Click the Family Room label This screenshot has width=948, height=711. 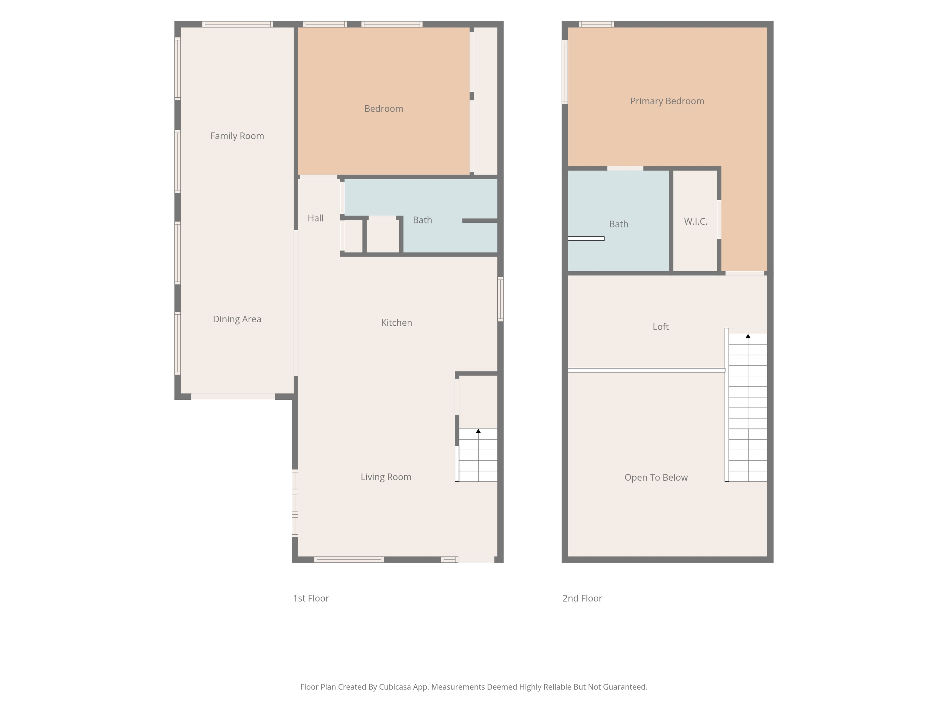click(237, 136)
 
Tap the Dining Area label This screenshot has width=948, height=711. click(237, 319)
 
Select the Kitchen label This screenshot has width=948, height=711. click(397, 323)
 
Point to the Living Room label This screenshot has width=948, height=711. click(386, 477)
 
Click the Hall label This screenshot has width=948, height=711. click(315, 218)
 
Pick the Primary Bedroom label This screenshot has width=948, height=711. click(667, 101)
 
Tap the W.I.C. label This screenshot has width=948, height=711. click(696, 222)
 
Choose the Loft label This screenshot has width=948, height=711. click(660, 326)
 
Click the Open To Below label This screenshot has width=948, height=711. click(656, 477)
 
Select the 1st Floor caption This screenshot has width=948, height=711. click(311, 598)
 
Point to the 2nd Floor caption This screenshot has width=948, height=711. click(582, 598)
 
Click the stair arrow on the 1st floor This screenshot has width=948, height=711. click(478, 455)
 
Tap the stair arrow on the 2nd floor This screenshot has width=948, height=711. click(748, 408)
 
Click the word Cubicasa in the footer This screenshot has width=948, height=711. click(395, 687)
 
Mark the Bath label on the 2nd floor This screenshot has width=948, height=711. click(618, 224)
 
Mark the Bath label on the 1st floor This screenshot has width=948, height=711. click(422, 220)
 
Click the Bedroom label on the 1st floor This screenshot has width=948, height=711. click(384, 109)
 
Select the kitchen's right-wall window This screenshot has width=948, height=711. click(500, 299)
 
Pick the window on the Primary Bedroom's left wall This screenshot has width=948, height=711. click(565, 72)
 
